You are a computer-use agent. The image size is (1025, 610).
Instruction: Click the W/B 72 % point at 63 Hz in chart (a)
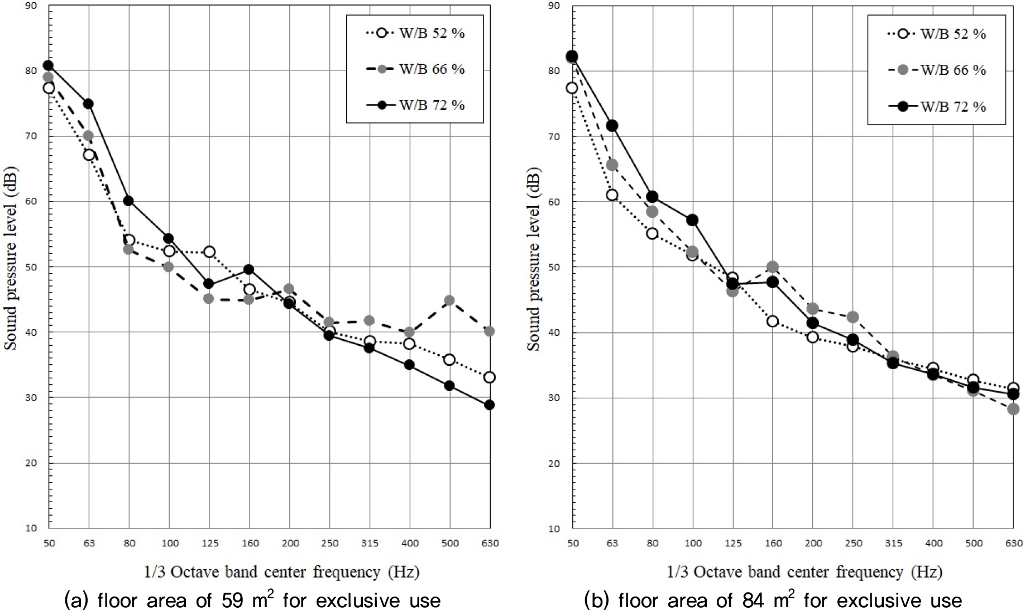point(88,104)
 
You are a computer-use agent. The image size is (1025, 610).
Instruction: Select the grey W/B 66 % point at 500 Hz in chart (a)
point(449,300)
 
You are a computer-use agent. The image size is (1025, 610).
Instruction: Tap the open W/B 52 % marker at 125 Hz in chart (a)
point(209,252)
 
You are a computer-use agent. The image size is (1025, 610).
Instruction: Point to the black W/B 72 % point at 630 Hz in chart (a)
point(490,405)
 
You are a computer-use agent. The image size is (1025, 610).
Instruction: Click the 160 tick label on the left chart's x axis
point(250,543)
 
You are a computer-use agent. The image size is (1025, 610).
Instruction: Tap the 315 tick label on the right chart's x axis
point(893,543)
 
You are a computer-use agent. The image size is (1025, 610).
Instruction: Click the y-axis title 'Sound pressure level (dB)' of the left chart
point(12,267)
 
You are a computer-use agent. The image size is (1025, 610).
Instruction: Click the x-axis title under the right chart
point(804,572)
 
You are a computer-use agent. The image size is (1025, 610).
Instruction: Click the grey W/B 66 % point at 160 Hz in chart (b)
point(773,267)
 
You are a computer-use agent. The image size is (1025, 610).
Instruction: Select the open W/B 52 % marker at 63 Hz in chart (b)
point(612,195)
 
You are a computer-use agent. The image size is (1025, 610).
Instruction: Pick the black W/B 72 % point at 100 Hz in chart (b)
point(693,220)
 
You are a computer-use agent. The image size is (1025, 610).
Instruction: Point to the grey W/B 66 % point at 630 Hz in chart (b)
point(1013,409)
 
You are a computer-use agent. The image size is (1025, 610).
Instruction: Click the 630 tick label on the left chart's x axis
point(490,543)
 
